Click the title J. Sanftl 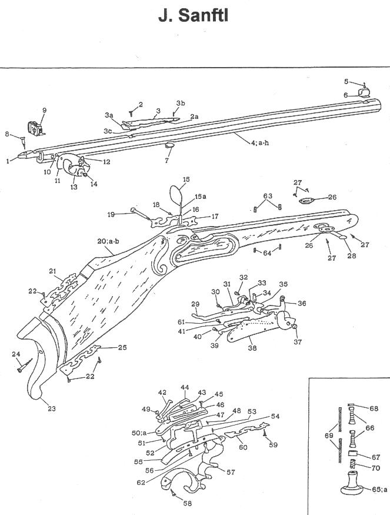coord(193,16)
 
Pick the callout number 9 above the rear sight coord(44,110)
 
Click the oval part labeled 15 coord(176,194)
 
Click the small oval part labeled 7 coord(168,146)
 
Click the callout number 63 coord(268,196)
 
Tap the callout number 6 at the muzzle coord(346,94)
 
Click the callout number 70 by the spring coord(374,469)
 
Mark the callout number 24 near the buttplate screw coord(14,354)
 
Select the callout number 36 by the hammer coord(302,303)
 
